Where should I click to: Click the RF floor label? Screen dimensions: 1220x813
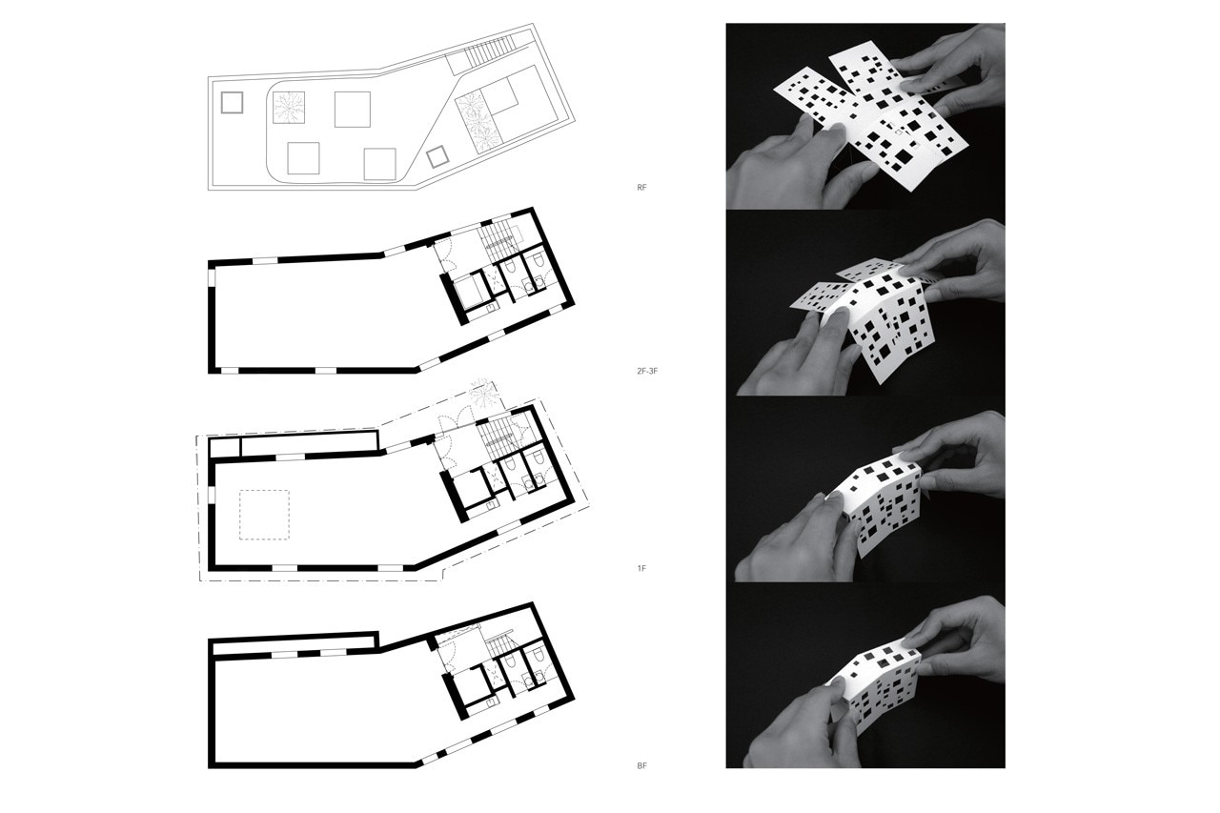(641, 188)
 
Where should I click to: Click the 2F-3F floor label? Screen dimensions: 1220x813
(647, 372)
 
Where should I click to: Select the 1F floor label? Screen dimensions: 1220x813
(641, 568)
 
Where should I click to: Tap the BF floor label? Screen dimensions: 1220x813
(641, 765)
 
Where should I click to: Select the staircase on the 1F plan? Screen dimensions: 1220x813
(497, 439)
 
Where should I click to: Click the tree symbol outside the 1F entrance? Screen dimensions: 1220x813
(483, 392)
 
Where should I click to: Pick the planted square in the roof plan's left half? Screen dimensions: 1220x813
(288, 108)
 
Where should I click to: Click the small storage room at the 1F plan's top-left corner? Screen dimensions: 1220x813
(225, 448)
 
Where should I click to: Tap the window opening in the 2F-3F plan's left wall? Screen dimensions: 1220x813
(212, 277)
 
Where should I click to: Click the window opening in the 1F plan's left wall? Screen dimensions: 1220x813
(212, 495)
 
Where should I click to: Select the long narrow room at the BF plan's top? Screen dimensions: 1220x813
(295, 645)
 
